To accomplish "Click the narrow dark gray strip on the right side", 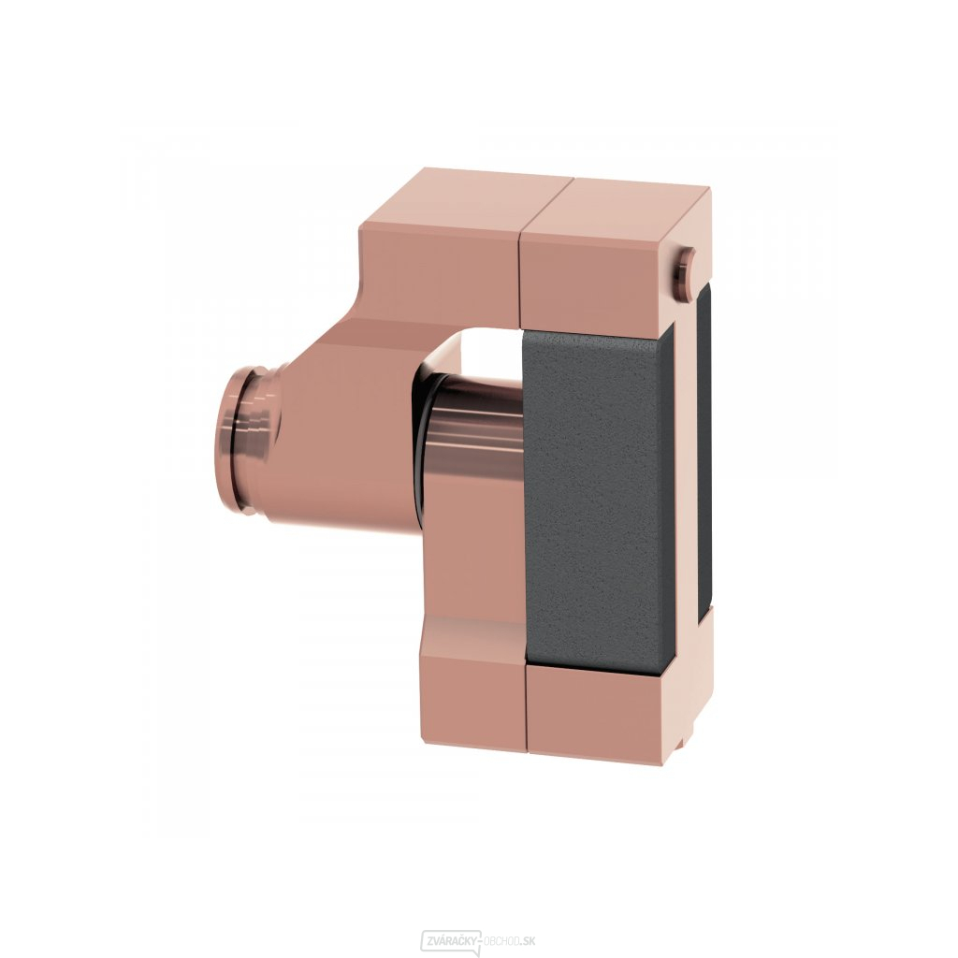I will click(x=704, y=458).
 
